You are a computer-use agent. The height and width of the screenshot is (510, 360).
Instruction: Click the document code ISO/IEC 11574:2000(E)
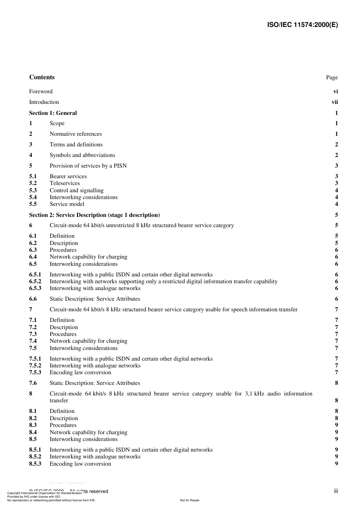[x=302, y=25]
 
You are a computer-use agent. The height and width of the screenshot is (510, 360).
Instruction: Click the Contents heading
[x=42, y=77]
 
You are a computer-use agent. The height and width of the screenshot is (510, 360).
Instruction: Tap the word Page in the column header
[x=332, y=77]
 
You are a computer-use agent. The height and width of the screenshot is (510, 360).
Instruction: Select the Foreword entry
[x=41, y=91]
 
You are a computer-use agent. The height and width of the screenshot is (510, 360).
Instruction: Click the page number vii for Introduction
[x=335, y=102]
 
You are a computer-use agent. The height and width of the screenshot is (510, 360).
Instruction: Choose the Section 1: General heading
[x=53, y=113]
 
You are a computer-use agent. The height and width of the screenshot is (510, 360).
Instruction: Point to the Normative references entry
[x=76, y=134]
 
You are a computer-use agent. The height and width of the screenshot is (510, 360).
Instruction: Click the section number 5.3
[x=33, y=190]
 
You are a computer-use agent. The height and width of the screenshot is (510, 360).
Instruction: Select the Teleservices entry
[x=65, y=183]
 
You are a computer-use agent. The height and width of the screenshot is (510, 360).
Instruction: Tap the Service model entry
[x=67, y=204]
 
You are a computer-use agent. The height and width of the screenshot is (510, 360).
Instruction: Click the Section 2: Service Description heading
[x=94, y=215]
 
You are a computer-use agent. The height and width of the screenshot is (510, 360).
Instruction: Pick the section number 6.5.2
[x=35, y=281]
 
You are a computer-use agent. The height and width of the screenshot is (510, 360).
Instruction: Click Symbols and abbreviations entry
[x=82, y=155]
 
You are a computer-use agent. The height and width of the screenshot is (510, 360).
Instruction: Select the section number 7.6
[x=33, y=383]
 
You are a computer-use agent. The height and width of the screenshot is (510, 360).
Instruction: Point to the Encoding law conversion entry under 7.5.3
[x=80, y=372]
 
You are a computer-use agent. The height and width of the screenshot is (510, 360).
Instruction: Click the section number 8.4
[x=33, y=432]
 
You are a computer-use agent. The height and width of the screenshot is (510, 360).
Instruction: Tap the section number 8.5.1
[x=35, y=450]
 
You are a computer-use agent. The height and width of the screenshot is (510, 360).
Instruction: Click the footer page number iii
[x=336, y=491]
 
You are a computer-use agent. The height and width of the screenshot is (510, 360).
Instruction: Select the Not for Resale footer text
[x=189, y=500]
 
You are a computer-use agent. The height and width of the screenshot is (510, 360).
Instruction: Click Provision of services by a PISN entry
[x=88, y=166]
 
